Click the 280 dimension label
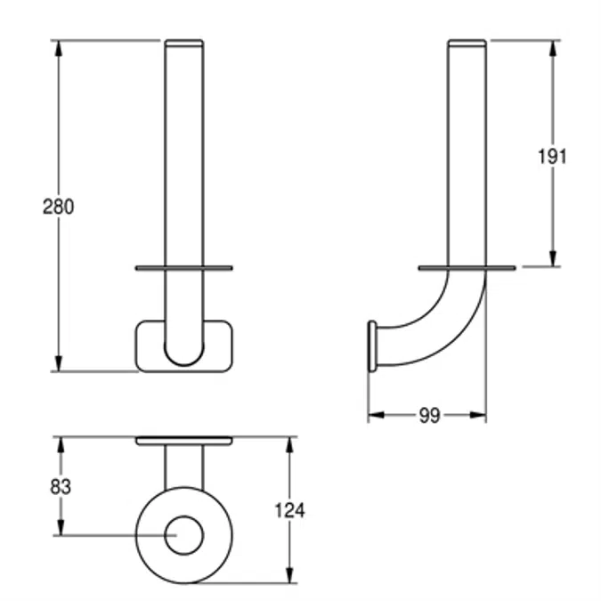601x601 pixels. [x=59, y=206]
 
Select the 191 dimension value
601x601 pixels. [x=551, y=157]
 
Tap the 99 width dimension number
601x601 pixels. [x=429, y=416]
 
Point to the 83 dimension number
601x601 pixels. [x=61, y=486]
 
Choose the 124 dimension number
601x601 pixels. [x=289, y=510]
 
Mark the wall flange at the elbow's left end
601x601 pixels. [x=371, y=345]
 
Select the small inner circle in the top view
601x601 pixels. [x=184, y=535]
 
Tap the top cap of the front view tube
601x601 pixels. [x=183, y=42]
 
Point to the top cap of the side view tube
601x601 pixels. [x=467, y=42]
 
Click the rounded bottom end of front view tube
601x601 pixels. [x=183, y=356]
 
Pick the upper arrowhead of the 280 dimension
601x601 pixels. [x=60, y=47]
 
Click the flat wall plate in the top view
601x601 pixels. [x=183, y=440]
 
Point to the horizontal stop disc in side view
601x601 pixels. [x=467, y=267]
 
